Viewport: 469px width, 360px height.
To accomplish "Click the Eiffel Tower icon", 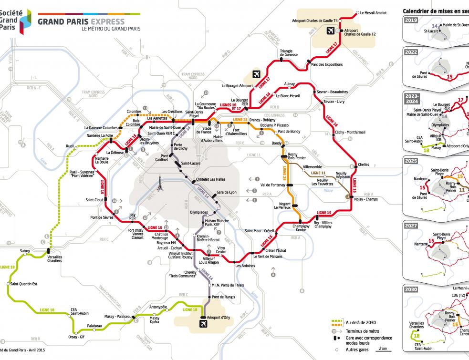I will pos(161,184).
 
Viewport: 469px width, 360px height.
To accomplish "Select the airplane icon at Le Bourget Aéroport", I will pos(256,74).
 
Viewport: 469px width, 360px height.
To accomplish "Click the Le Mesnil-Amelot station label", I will pos(373,13).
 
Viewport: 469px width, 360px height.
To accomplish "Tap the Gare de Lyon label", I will pos(227,193).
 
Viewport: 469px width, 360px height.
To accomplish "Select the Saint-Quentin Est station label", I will pos(24,284).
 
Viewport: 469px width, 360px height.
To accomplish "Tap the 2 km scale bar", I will pos(381,350).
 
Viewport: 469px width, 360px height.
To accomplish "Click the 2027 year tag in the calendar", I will pos(411,226).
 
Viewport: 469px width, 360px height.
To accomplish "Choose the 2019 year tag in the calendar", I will pos(411,20).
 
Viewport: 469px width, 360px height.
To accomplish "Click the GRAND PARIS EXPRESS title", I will pos(81,21).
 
